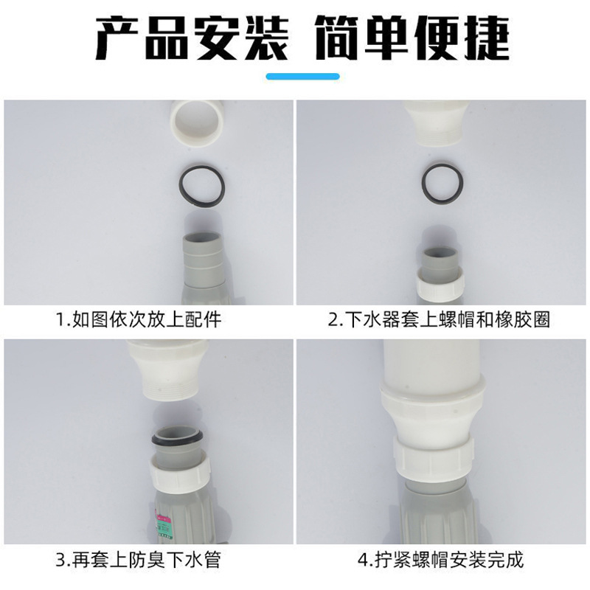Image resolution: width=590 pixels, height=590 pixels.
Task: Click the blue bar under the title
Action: click(x=302, y=76)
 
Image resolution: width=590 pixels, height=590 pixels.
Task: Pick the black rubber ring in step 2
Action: click(x=442, y=181)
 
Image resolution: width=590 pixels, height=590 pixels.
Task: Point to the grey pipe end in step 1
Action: click(x=204, y=254)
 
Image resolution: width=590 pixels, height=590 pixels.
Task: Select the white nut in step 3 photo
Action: click(x=181, y=468)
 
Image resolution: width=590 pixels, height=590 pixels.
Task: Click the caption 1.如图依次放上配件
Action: click(x=139, y=320)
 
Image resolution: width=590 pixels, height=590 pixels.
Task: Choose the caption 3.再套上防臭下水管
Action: click(x=139, y=560)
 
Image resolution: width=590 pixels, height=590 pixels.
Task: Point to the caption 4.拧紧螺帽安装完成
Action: click(x=440, y=560)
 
